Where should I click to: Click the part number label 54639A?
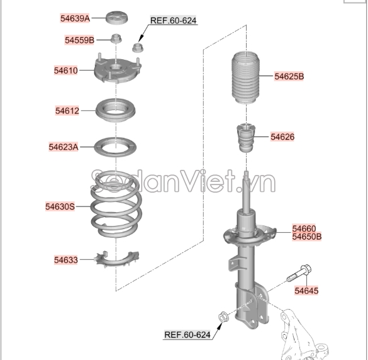click(x=75, y=18)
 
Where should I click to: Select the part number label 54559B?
click(x=79, y=40)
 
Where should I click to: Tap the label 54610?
click(x=66, y=70)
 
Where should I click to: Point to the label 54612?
click(x=67, y=111)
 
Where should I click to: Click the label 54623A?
click(x=64, y=147)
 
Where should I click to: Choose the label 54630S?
click(x=60, y=206)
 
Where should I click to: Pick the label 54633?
click(x=65, y=259)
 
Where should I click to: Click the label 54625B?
click(x=289, y=76)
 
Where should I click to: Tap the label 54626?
click(x=282, y=136)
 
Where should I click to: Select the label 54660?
click(x=304, y=228)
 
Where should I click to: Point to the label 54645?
click(x=306, y=290)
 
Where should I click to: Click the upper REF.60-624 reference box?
click(x=173, y=21)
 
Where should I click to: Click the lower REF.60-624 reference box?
click(x=187, y=334)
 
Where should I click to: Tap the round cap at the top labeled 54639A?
click(x=114, y=17)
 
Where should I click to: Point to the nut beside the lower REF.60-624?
click(x=221, y=316)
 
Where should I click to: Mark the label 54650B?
click(x=306, y=237)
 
